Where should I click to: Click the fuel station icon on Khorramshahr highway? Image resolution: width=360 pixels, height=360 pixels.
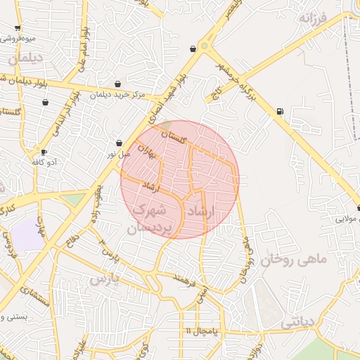[281, 111]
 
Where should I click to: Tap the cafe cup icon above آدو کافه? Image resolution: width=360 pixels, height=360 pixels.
[44, 152]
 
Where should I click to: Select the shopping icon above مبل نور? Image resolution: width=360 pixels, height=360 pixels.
[119, 143]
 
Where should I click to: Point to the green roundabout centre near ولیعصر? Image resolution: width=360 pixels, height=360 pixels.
[205, 46]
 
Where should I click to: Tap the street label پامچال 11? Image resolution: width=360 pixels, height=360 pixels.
[204, 330]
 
